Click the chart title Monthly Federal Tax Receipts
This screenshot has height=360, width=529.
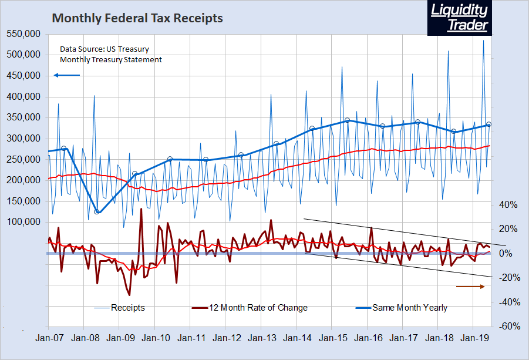coord(137,18)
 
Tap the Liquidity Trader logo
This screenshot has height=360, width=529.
coord(459,18)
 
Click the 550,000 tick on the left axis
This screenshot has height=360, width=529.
coord(23,34)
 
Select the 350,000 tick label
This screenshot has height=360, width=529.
coord(23,117)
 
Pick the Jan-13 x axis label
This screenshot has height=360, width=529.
coord(263,338)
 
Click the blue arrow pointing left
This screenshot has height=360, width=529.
coord(66,75)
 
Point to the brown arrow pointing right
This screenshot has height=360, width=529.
coord(470,287)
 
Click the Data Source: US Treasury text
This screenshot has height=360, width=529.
coord(105,49)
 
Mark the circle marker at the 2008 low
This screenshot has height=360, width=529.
coord(97,211)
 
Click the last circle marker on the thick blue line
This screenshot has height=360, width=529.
coord(489,124)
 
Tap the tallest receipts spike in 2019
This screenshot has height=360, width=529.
coord(483,41)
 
